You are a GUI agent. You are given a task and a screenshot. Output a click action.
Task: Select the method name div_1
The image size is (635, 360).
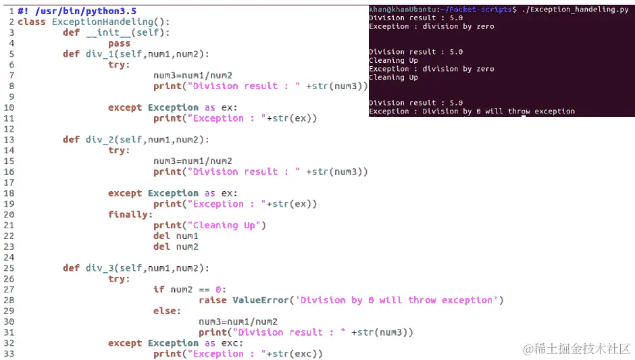tap(99, 54)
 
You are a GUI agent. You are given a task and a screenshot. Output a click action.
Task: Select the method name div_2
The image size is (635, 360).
tap(99, 140)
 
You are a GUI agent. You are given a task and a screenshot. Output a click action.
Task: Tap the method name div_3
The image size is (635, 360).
tap(99, 268)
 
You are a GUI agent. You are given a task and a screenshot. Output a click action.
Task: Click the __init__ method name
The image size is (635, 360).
tap(111, 32)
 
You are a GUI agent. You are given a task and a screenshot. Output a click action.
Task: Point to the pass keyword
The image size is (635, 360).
tap(120, 43)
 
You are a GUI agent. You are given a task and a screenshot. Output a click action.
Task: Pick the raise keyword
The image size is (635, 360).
tap(213, 300)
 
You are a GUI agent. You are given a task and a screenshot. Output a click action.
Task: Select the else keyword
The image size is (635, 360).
tap(167, 311)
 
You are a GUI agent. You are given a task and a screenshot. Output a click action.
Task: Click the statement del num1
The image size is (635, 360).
tap(176, 236)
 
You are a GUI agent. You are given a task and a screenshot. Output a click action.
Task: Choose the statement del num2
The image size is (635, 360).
tap(176, 247)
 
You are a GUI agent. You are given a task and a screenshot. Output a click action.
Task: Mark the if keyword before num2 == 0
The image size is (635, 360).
tap(159, 290)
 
